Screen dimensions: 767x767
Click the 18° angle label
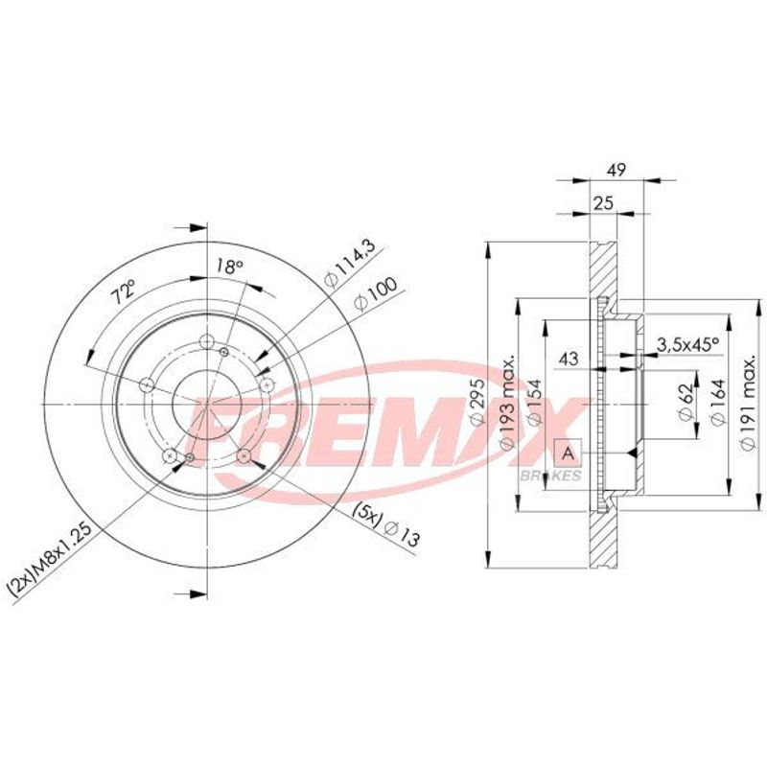click(230, 267)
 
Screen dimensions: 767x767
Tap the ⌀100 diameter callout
click(376, 294)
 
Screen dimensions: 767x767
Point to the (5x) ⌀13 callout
click(386, 523)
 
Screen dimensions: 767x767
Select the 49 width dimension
click(616, 171)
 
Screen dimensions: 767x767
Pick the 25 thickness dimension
click(603, 203)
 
